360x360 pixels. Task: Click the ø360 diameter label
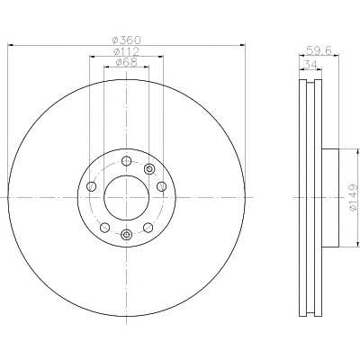point(126,40)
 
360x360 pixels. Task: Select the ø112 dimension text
point(126,51)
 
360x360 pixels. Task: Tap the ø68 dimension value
point(126,62)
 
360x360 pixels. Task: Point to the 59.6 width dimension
point(319,50)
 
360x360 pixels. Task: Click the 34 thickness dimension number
point(311,64)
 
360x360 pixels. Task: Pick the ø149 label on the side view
point(354,197)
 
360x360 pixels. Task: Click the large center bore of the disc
point(126,197)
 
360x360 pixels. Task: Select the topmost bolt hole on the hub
point(126,161)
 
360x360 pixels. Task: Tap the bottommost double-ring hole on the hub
point(126,234)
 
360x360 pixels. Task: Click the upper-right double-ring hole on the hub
point(149,169)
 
